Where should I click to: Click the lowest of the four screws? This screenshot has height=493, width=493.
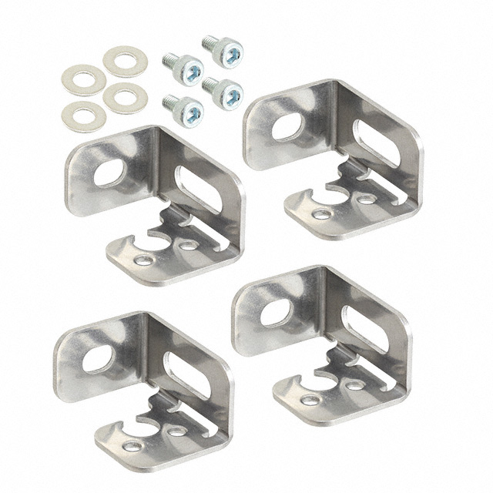(185, 111)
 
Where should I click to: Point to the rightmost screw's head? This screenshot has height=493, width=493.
(228, 92)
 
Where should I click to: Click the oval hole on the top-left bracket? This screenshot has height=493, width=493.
(108, 173)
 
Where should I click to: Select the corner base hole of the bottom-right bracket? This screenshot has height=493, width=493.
(308, 400)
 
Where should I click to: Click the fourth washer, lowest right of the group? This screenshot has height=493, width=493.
(124, 97)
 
